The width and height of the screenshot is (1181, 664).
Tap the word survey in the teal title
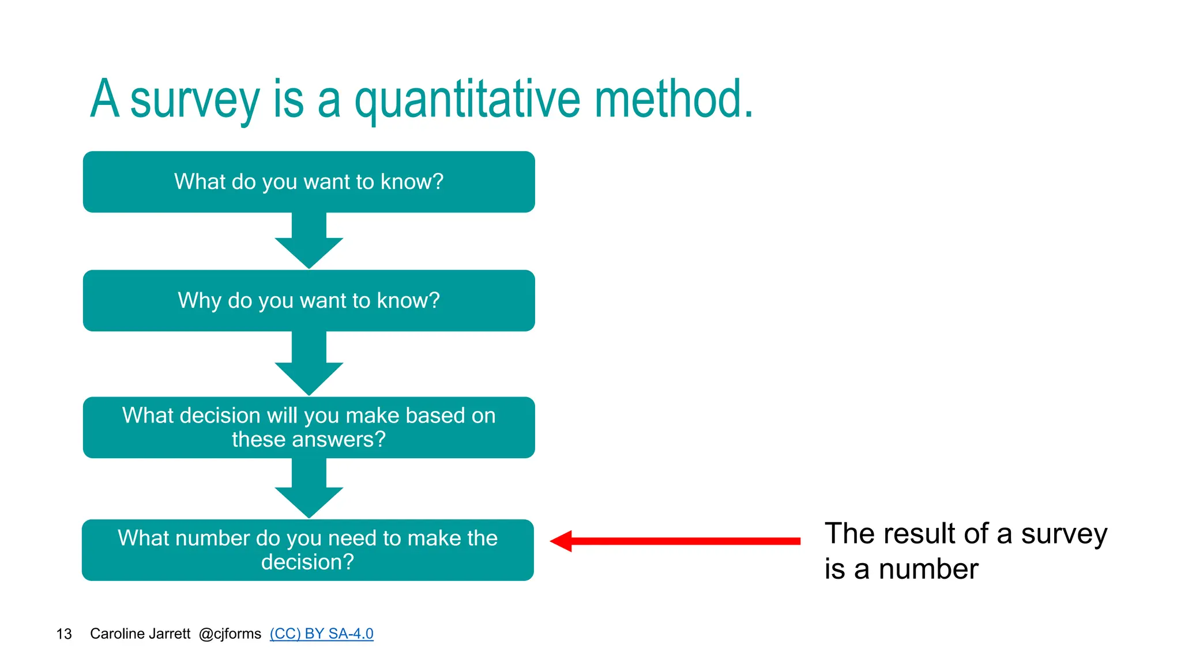195,100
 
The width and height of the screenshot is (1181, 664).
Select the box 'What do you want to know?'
309,182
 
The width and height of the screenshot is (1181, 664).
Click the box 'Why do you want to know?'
309,300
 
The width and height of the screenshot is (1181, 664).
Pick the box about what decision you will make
309,427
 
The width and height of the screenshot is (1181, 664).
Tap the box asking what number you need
307,550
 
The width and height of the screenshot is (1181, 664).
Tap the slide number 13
64,634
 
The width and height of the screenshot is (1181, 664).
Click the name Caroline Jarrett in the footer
140,633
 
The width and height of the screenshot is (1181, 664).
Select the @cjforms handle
230,633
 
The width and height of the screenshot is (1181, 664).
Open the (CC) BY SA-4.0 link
321,633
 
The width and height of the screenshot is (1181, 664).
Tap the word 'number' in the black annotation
928,569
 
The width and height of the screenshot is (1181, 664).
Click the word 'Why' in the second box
199,300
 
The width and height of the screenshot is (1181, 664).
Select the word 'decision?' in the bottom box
307,562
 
